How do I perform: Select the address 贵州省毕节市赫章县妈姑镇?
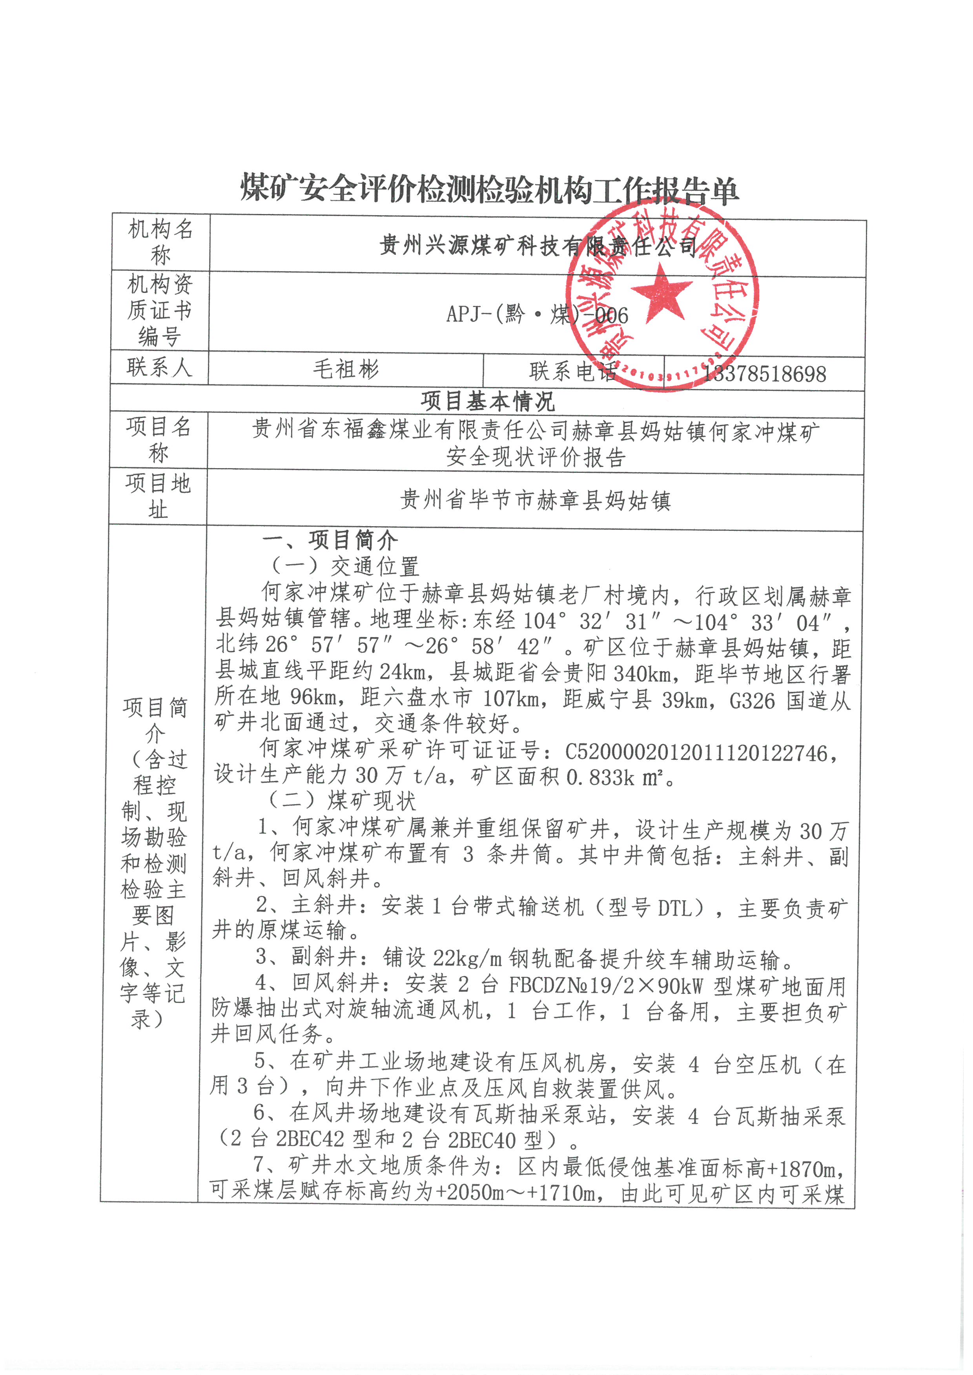(535, 500)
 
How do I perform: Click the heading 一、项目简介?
(330, 540)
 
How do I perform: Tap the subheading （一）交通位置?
(344, 566)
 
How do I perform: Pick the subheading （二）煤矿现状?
(341, 801)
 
